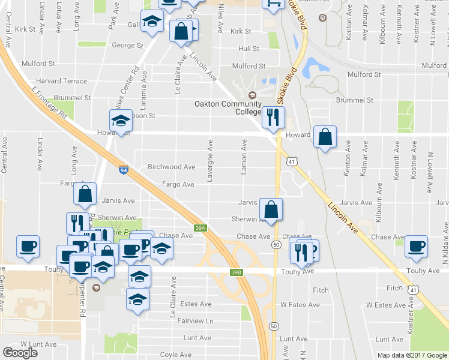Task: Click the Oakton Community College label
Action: (227, 107)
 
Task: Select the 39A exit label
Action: (200, 227)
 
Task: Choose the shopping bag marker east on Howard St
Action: (324, 137)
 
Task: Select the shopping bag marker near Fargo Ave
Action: (85, 193)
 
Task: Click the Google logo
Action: (20, 353)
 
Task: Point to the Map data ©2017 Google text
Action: (411, 355)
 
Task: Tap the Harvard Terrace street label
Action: (62, 81)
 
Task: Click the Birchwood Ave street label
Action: (172, 167)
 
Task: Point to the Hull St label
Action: (248, 49)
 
